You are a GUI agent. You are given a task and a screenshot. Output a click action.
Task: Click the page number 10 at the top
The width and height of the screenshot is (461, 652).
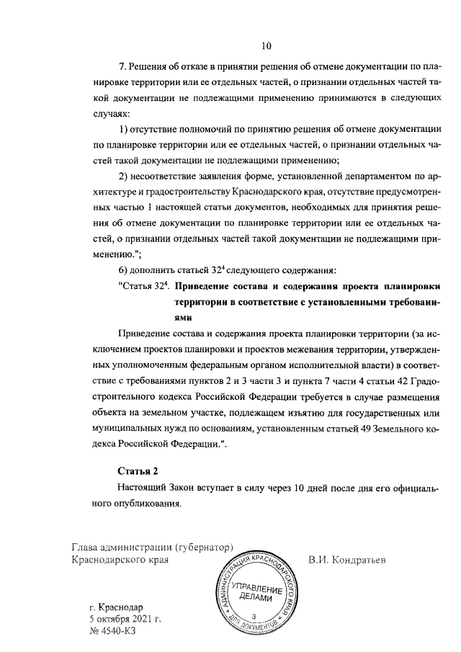coord(266,47)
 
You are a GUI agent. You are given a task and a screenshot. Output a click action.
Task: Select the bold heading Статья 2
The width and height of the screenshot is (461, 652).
coord(137,471)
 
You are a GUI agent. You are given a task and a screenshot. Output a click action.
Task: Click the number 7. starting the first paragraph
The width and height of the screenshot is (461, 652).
coord(122,67)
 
